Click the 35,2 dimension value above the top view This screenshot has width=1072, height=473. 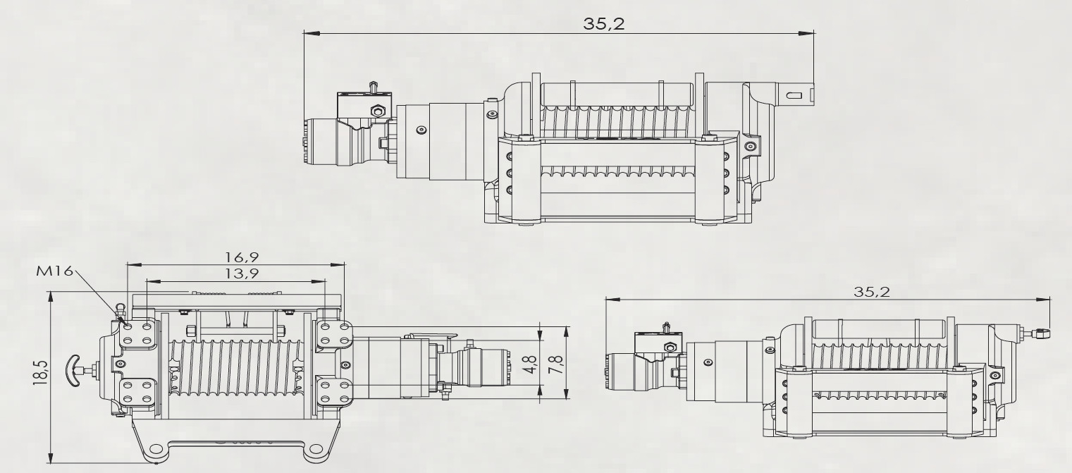604,23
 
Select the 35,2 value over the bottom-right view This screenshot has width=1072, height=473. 872,292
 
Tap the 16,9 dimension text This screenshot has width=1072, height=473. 242,257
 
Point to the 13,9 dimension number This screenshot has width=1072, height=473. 242,274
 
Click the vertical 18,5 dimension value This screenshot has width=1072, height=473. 41,372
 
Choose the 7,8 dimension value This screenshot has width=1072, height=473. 557,364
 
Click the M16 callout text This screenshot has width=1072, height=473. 55,271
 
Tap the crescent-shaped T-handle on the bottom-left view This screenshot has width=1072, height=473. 73,370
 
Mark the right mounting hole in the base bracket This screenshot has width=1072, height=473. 316,450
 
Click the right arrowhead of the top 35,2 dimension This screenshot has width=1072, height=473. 807,33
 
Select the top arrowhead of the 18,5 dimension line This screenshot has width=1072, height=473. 51,297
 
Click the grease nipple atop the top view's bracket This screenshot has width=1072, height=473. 372,87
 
